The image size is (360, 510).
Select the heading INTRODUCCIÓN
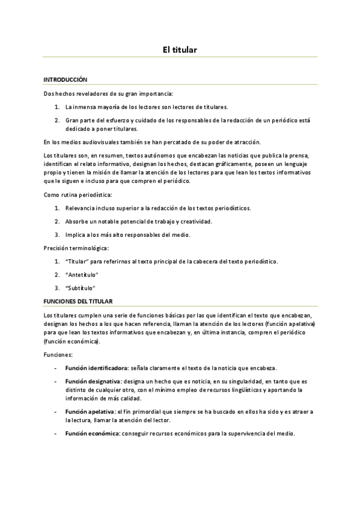66,79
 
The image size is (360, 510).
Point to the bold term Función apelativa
91,411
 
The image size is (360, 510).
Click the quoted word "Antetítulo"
82,274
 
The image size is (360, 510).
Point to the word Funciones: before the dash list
58,355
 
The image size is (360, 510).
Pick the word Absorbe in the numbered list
77,221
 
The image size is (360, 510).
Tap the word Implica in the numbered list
76,235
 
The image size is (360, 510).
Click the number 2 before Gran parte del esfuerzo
56,120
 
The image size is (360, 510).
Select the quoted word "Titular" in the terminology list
76,261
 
